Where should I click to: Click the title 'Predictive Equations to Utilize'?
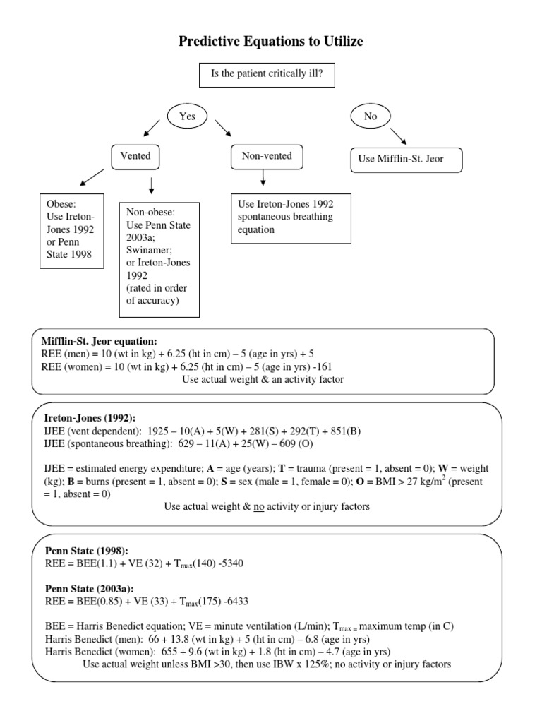[271, 42]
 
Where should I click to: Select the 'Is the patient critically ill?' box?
[272, 73]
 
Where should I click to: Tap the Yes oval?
[187, 116]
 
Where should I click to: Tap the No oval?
[370, 116]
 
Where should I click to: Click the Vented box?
[135, 156]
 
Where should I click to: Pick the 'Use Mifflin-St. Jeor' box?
[407, 160]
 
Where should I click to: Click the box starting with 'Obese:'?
[71, 232]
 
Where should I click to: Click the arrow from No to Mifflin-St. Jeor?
[397, 136]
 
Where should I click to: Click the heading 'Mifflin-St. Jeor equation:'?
[99, 341]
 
